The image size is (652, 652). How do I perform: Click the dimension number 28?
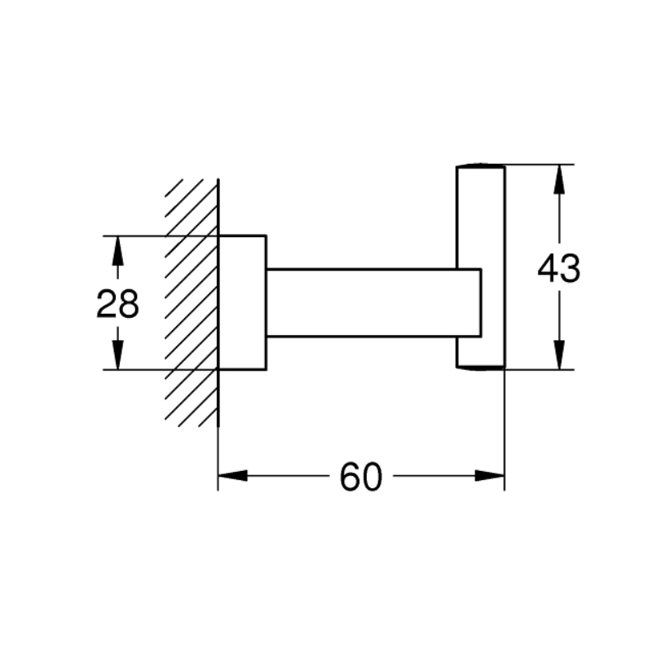pyautogui.click(x=117, y=304)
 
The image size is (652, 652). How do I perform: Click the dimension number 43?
pyautogui.click(x=559, y=269)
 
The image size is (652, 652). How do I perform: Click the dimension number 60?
pyautogui.click(x=361, y=477)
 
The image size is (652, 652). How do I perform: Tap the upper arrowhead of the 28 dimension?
pyautogui.click(x=118, y=251)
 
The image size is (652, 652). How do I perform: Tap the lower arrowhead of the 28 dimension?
pyautogui.click(x=118, y=355)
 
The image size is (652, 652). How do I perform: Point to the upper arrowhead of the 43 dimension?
pyautogui.click(x=560, y=179)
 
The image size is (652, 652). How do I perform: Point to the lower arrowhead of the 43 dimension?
pyautogui.click(x=560, y=355)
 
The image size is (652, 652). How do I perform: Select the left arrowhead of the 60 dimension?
pyautogui.click(x=233, y=476)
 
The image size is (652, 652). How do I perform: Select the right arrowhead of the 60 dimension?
pyautogui.click(x=490, y=476)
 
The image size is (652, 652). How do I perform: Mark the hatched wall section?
pyautogui.click(x=192, y=302)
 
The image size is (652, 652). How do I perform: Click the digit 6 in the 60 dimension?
pyautogui.click(x=350, y=477)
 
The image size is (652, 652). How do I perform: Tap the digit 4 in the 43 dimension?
pyautogui.click(x=548, y=269)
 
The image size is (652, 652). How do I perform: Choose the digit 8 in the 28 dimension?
pyautogui.click(x=129, y=304)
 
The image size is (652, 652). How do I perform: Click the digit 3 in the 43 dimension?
pyautogui.click(x=570, y=269)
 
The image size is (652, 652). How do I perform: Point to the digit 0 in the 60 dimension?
pyautogui.click(x=372, y=477)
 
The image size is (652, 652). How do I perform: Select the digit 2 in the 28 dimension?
pyautogui.click(x=107, y=304)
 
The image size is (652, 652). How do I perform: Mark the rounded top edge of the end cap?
pyautogui.click(x=481, y=166)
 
